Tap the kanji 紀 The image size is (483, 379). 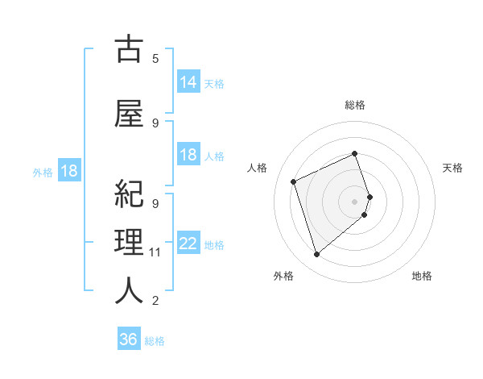tap(130, 194)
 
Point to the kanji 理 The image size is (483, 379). tap(130, 241)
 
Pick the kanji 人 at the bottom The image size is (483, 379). tap(130, 289)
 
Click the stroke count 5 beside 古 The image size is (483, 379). tap(155, 58)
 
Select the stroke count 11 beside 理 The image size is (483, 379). tap(155, 252)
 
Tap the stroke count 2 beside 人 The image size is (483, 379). tap(155, 301)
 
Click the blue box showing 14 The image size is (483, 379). tap(188, 82)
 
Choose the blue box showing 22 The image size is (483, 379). tap(188, 244)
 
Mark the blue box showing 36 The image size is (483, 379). tap(129, 339)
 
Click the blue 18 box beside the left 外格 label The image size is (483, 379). tap(68, 171)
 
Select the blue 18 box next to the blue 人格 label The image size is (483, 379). tap(188, 155)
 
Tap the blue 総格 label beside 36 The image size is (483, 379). tap(155, 341)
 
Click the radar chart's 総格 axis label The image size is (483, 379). tap(355, 105)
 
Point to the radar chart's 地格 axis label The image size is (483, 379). tap(422, 276)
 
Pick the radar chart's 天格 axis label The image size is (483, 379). tap(453, 168)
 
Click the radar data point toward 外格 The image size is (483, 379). tap(316, 255)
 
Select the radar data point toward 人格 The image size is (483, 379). tap(295, 181)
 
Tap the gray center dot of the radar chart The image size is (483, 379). tap(355, 201)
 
